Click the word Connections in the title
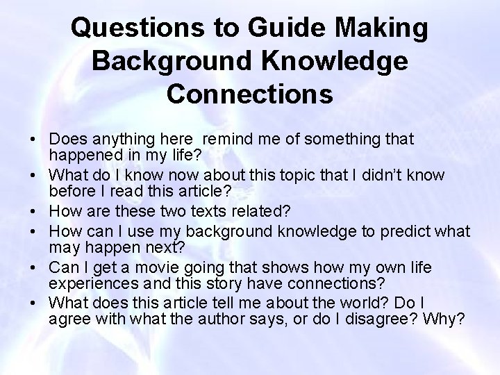point(251,94)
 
